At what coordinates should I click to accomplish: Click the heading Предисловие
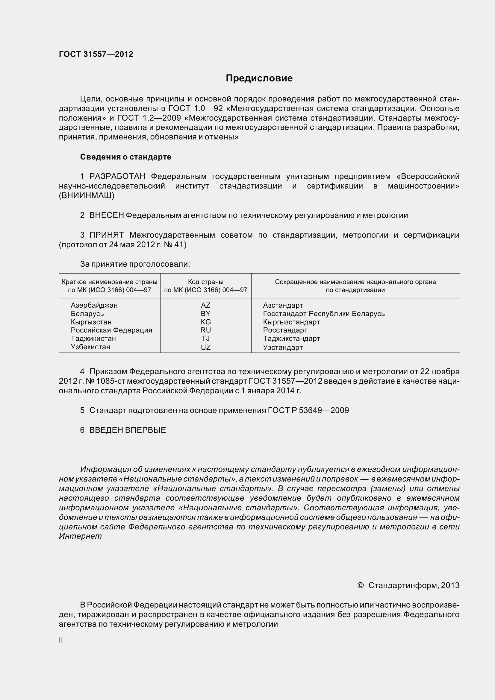point(259,78)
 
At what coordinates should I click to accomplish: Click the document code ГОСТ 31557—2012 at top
point(96,54)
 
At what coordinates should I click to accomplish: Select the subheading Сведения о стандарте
point(126,157)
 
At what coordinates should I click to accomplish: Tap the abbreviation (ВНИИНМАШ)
point(87,196)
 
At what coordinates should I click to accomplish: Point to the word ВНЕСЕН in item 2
point(106,215)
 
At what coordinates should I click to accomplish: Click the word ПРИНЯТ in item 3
point(106,235)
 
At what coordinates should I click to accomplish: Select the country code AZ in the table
point(205,305)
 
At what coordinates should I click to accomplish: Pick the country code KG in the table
point(205,322)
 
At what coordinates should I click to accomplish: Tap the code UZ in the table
point(205,347)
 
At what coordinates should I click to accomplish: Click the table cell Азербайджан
point(94,305)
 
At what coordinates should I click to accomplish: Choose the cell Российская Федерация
point(111,330)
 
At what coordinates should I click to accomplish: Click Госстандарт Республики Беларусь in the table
point(324,314)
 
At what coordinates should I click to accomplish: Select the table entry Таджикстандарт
point(291,338)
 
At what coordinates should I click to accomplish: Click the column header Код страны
point(205,282)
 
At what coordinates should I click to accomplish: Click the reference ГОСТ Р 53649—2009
point(308,410)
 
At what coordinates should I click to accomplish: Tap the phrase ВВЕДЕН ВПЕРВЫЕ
point(128,430)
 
